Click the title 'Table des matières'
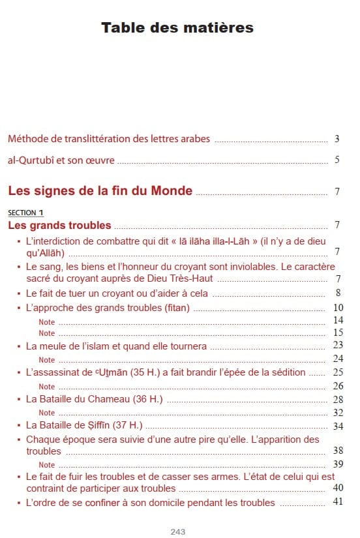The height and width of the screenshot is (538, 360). point(177,28)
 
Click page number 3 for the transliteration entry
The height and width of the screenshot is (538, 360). point(337,139)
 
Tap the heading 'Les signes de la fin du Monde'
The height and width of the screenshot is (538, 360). point(100,191)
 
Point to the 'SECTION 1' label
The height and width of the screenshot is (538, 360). point(25,213)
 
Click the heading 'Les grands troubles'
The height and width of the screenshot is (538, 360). point(59,226)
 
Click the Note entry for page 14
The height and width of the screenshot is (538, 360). point(47,321)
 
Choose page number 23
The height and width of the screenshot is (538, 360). point(338,345)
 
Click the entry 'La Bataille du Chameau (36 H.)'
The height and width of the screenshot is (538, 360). point(94,399)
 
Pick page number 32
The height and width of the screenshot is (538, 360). point(338,412)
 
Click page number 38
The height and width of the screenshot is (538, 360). point(338,451)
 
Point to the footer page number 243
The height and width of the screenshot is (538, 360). point(178,531)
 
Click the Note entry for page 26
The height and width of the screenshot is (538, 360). point(47,385)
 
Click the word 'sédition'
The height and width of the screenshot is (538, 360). point(288,372)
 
